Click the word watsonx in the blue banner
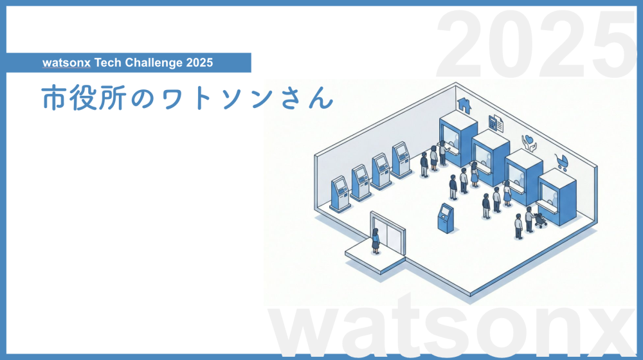(66, 63)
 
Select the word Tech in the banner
(107, 63)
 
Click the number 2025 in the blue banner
(199, 63)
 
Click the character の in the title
(142, 100)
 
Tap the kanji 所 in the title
(111, 98)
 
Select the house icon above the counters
(464, 105)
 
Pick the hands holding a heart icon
(529, 143)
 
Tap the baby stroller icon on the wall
(562, 163)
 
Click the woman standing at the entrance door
(376, 242)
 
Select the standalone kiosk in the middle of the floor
(446, 218)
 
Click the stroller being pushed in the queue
(540, 221)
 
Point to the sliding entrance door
(388, 235)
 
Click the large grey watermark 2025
(536, 44)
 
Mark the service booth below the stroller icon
(557, 197)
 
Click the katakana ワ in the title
(172, 100)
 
